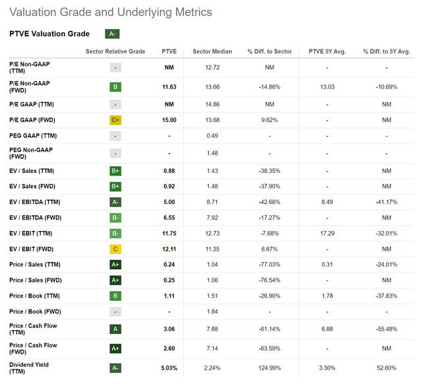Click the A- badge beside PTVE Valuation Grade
click(x=112, y=34)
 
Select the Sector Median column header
click(x=210, y=51)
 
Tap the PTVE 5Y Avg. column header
click(x=326, y=51)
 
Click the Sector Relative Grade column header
click(x=115, y=51)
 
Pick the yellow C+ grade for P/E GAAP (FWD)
click(x=115, y=119)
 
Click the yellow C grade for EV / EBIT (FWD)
click(x=115, y=250)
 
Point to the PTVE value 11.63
click(x=169, y=86)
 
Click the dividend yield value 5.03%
click(x=169, y=368)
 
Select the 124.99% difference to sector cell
click(x=269, y=368)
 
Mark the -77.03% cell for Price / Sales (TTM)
click(x=269, y=265)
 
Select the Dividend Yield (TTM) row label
click(x=29, y=368)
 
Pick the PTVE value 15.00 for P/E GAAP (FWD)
click(x=169, y=119)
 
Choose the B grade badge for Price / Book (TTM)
click(x=115, y=295)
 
